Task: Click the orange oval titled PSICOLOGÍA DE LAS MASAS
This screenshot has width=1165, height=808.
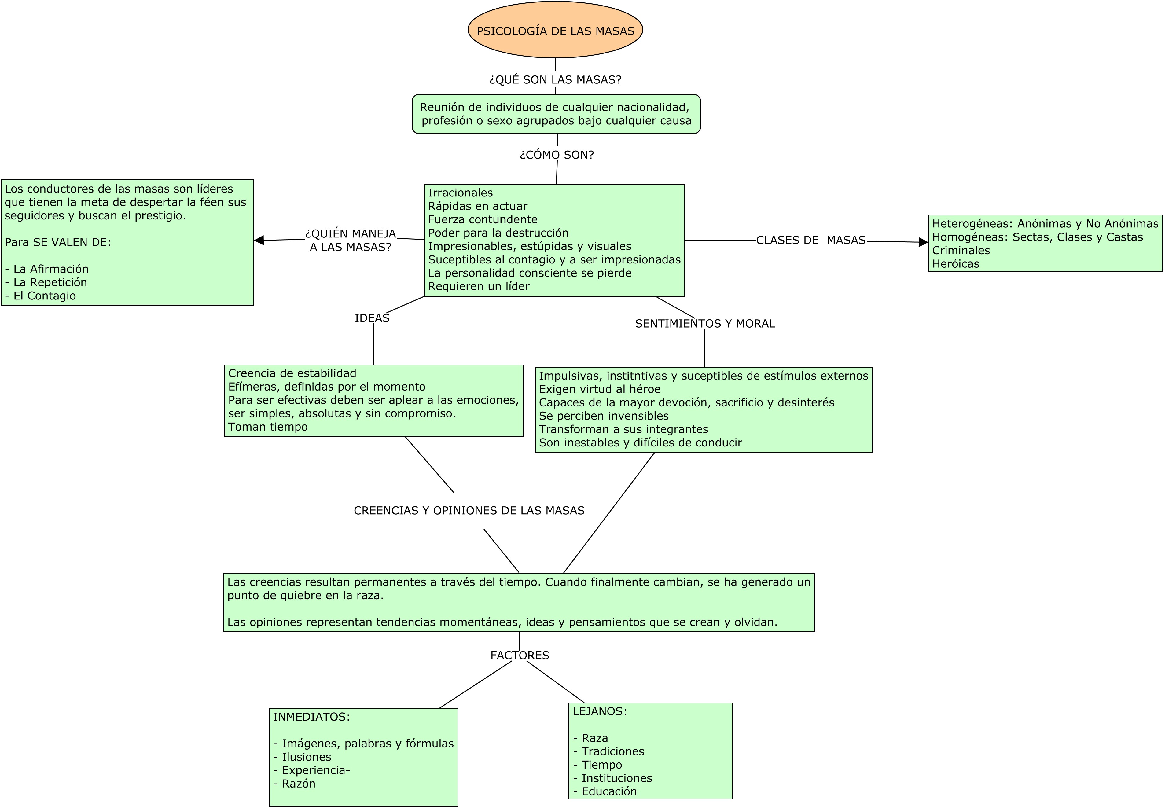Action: (555, 30)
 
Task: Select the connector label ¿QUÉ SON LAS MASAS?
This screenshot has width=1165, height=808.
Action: (555, 79)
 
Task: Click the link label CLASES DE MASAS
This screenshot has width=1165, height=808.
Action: (810, 241)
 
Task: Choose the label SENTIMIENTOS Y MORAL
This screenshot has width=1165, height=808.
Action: (705, 324)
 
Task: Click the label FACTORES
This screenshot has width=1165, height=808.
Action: (520, 655)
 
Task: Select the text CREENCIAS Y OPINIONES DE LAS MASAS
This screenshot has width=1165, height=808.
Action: (469, 510)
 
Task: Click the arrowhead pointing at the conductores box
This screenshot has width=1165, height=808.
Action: (259, 241)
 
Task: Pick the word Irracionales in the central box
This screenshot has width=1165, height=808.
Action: (460, 193)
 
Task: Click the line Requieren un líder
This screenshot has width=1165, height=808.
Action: (479, 287)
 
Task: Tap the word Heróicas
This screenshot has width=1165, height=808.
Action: (955, 264)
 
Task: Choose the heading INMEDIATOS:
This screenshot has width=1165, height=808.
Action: (311, 717)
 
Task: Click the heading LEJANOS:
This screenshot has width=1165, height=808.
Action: (599, 711)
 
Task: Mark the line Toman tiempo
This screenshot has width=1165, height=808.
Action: (268, 427)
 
